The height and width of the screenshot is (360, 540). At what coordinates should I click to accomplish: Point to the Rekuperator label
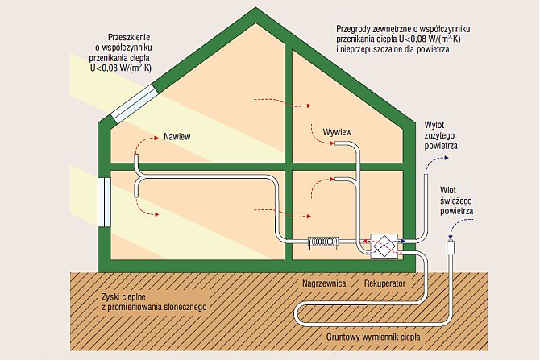coord(384,285)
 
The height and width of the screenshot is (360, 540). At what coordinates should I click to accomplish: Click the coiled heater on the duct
coord(324,241)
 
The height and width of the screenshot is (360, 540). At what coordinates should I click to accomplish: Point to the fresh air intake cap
coord(450,245)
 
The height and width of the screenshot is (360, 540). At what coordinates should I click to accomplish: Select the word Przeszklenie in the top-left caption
coord(130,37)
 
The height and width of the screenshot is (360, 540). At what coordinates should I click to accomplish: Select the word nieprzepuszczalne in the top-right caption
coord(376,50)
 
